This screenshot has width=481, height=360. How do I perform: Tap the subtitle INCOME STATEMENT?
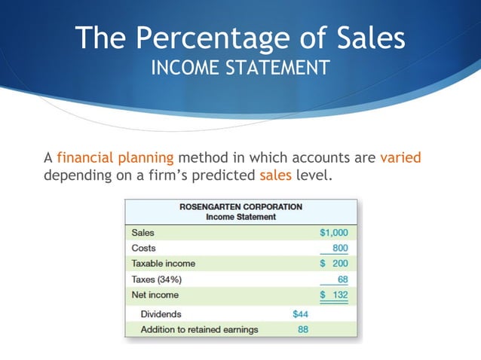240,69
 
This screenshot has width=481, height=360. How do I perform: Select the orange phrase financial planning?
115,158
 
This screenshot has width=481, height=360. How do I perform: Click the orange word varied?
400,158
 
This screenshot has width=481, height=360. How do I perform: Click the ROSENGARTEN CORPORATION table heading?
240,206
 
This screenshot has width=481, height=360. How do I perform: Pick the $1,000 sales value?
334,233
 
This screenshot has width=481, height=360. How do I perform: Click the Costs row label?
143,248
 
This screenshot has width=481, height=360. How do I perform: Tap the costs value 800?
340,248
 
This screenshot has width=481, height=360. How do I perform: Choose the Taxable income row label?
163,264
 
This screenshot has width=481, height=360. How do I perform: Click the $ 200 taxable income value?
334,264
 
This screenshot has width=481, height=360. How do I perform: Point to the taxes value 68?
342,279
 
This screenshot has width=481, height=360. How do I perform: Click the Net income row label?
155,294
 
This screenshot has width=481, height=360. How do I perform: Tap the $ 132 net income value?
334,294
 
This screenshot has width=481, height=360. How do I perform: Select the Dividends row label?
161,314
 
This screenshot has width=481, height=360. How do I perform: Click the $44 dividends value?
300,314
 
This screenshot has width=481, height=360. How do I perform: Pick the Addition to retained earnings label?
199,329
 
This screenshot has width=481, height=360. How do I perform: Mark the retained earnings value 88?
302,329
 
